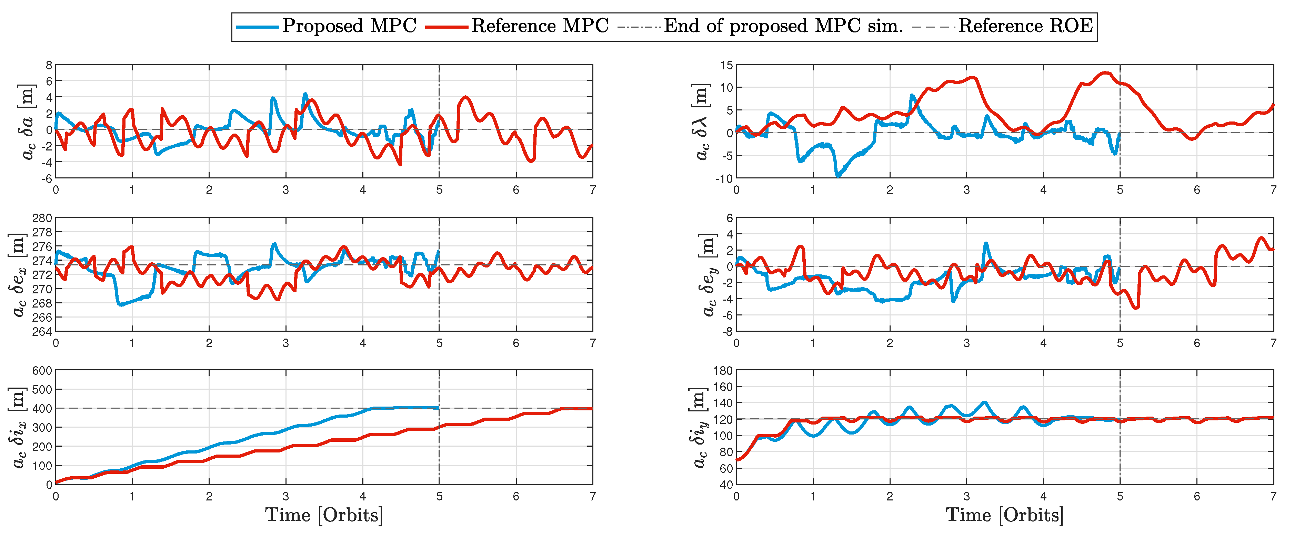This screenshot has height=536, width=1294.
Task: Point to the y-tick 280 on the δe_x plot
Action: [x=42, y=218]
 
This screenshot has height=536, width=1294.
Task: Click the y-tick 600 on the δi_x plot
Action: [x=42, y=371]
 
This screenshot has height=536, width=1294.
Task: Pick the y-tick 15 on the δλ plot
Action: [x=726, y=65]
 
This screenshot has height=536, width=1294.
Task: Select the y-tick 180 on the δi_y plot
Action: [x=723, y=371]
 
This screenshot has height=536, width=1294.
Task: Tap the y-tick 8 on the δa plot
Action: [x=49, y=65]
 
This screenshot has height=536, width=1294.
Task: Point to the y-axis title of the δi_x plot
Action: [x=19, y=427]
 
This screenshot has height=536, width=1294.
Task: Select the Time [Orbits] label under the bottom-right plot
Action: [x=1005, y=515]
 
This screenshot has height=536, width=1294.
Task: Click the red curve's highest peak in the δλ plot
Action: [x=1105, y=73]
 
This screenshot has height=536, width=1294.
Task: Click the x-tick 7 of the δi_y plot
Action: [x=1273, y=497]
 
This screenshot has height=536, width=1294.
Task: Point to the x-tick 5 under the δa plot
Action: [x=439, y=190]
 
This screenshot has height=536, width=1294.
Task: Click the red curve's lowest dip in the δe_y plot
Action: [x=1137, y=308]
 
